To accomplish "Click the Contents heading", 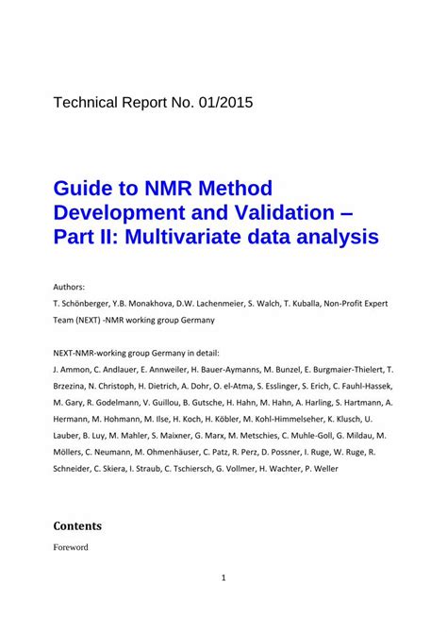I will click(x=77, y=525).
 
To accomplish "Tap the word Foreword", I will click(x=71, y=546).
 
